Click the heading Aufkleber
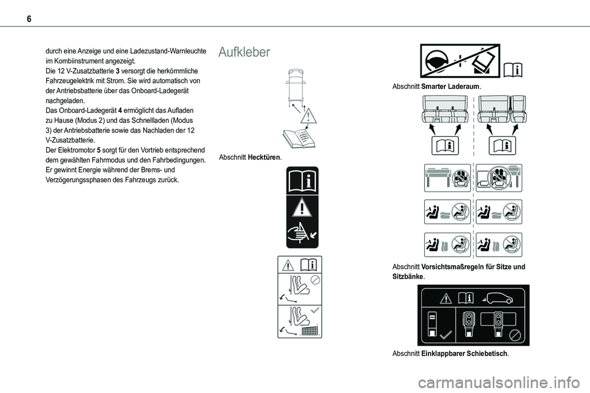244,53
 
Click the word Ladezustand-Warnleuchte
167,52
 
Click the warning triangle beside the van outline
308,115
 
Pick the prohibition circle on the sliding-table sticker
515,335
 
